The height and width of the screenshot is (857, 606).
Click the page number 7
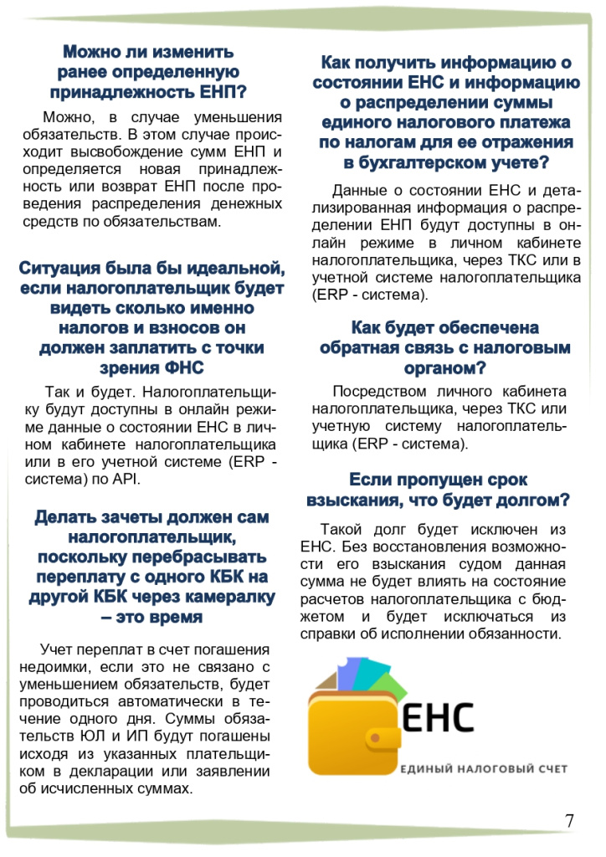(x=569, y=820)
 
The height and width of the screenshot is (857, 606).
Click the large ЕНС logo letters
(x=438, y=717)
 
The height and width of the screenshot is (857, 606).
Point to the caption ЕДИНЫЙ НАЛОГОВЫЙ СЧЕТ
(x=484, y=768)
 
